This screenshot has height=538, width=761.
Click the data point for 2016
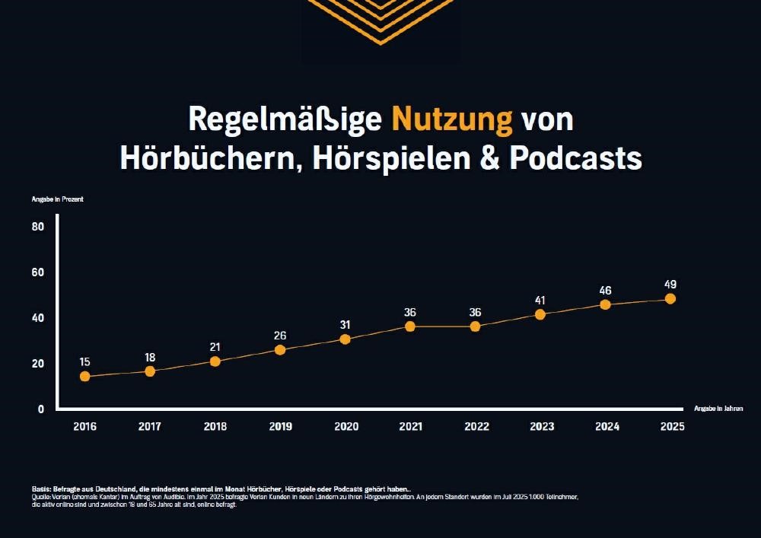click(84, 376)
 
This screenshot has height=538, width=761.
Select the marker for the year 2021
click(410, 326)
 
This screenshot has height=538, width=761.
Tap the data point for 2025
click(670, 299)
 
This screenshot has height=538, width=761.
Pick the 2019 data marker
click(280, 350)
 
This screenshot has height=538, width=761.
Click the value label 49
click(670, 282)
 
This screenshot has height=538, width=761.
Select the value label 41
click(540, 300)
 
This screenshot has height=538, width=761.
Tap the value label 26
click(280, 334)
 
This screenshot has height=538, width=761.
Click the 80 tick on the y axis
click(40, 227)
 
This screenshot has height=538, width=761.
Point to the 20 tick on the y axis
click(40, 364)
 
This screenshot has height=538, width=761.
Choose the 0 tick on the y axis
click(41, 409)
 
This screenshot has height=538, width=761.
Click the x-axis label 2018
click(215, 427)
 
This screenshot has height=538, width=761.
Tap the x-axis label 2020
click(345, 427)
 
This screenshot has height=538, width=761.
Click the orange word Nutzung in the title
click(452, 119)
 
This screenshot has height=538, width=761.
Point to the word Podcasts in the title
click(576, 158)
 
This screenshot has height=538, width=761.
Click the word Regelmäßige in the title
click(285, 120)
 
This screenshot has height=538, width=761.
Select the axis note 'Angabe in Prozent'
click(58, 199)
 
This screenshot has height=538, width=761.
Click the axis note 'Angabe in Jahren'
click(718, 409)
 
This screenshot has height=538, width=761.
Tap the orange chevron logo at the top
click(380, 19)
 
